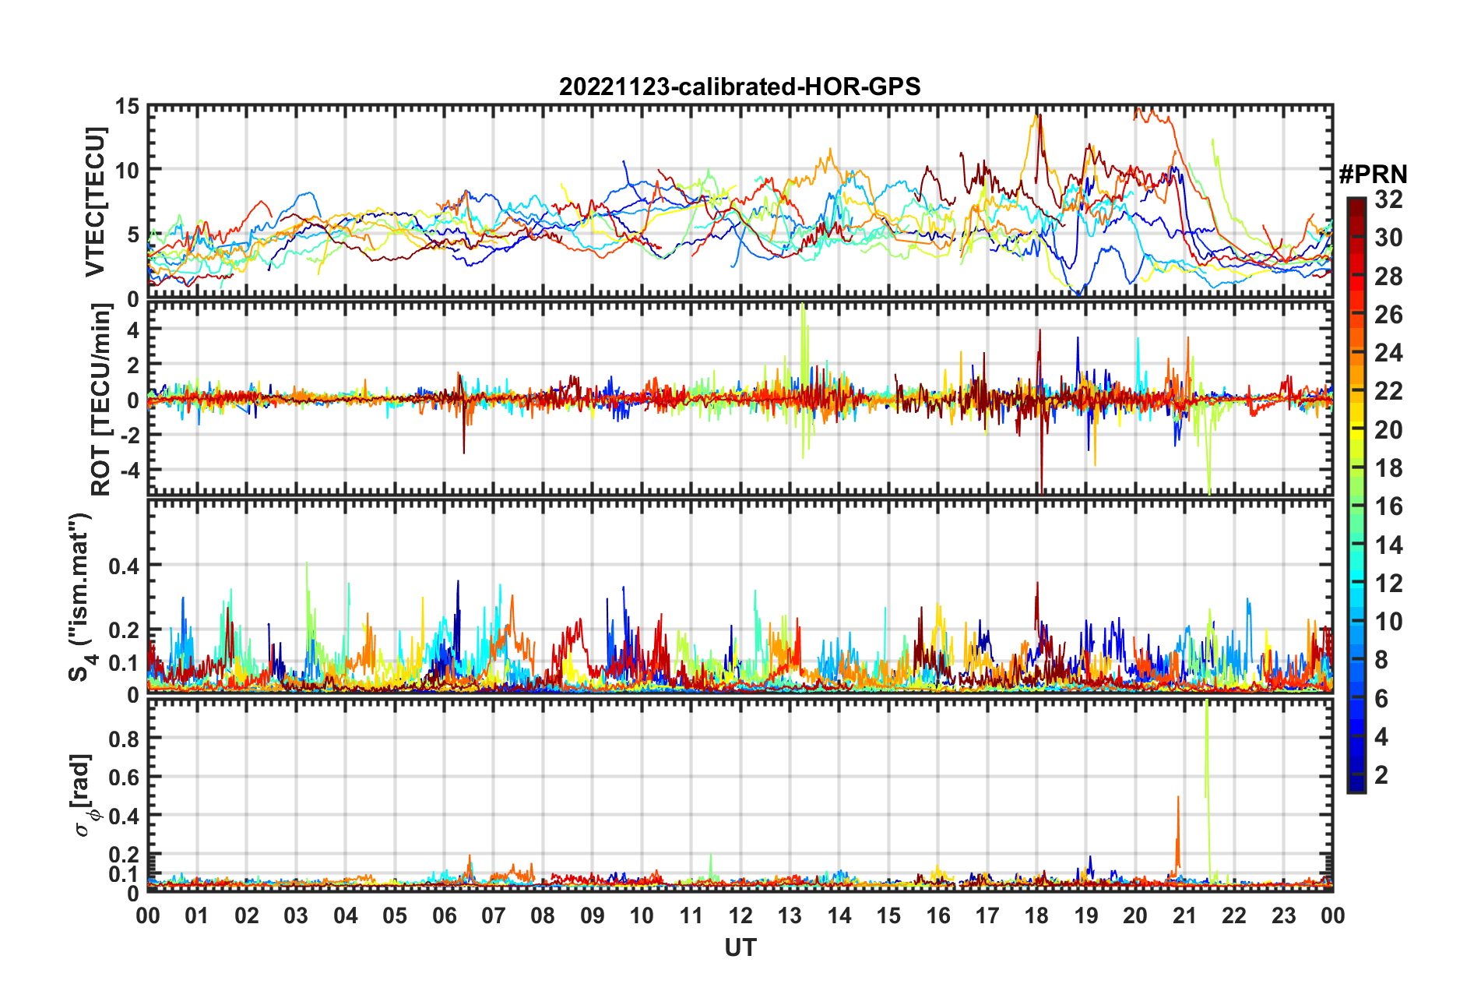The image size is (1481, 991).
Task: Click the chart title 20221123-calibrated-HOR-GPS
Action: [x=740, y=86]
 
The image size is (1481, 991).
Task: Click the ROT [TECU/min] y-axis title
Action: [x=101, y=400]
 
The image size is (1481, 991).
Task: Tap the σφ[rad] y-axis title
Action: [x=84, y=795]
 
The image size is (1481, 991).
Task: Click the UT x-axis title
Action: [x=740, y=947]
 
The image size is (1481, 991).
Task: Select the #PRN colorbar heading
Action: [x=1373, y=175]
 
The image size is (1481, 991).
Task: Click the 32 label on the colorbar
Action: [x=1388, y=199]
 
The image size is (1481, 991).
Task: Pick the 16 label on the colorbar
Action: [x=1388, y=506]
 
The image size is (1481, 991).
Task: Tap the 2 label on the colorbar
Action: [x=1382, y=774]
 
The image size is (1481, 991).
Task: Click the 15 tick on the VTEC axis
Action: [x=128, y=106]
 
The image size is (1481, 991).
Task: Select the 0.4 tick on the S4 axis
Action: [x=125, y=566]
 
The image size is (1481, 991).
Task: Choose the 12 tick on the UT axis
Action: [x=740, y=915]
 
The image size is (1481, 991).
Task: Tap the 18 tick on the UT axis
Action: [x=1036, y=915]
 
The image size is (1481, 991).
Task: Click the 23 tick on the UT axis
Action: [x=1283, y=915]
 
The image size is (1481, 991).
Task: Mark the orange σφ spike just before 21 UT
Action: [x=1178, y=826]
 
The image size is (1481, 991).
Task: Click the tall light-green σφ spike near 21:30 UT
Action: [x=1206, y=748]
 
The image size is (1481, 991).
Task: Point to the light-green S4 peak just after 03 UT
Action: [x=308, y=577]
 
